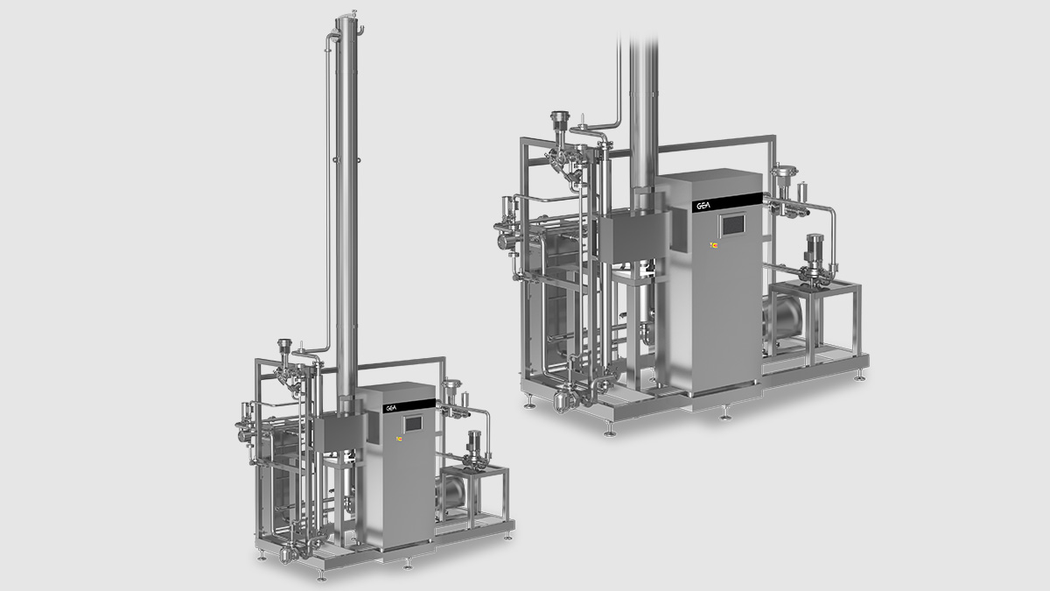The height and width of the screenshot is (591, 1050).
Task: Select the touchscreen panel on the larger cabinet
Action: point(731,225)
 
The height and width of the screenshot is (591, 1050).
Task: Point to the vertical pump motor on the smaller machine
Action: point(475,446)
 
